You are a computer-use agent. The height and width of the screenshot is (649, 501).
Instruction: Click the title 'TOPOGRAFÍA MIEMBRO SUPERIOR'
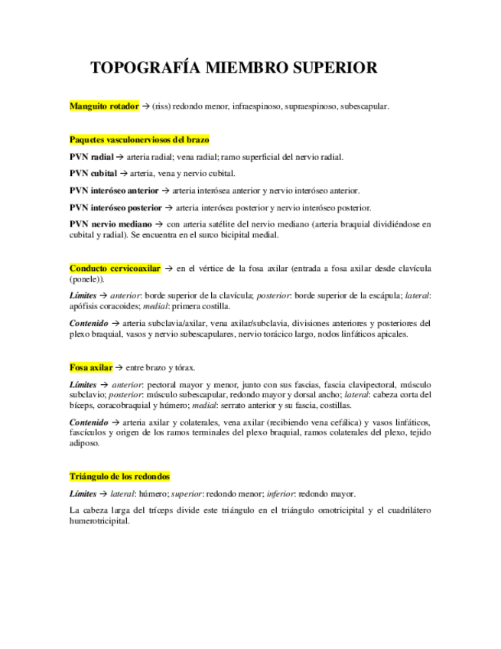coord(233,68)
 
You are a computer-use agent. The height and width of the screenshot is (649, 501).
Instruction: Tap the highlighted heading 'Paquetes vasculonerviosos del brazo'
coord(139,139)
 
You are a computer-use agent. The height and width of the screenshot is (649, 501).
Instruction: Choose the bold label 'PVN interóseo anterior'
coord(114,190)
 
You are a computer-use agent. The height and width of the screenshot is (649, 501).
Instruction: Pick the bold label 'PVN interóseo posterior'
coord(115,207)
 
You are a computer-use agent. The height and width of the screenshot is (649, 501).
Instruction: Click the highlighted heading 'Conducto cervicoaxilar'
coord(115,269)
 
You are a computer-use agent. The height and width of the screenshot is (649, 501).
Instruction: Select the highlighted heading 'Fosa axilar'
coord(91,367)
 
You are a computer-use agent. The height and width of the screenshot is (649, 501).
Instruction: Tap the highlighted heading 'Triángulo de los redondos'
coord(119,476)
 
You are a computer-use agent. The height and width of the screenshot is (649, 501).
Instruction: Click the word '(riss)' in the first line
coord(161,106)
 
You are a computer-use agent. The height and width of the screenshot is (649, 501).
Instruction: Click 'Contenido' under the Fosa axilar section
coord(89,422)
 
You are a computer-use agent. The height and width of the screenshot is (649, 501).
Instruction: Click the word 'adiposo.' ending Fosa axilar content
coord(84,442)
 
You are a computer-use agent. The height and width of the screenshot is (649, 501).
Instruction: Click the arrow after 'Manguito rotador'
coord(145,106)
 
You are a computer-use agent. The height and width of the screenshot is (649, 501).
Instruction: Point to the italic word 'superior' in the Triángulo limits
coord(185,494)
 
